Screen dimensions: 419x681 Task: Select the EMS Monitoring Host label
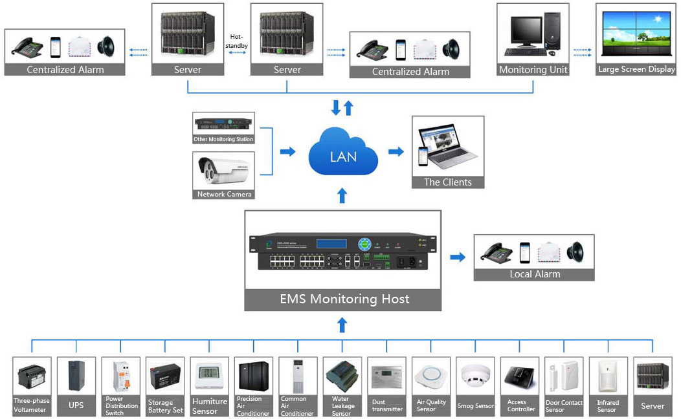(x=344, y=299)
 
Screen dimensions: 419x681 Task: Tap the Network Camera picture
(x=223, y=171)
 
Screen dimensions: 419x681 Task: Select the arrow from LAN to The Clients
(x=396, y=151)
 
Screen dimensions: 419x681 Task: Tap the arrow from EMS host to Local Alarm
(x=458, y=257)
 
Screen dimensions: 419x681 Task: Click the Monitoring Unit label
(x=533, y=69)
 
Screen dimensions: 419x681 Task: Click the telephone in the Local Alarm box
(x=497, y=252)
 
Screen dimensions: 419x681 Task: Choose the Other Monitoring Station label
(x=223, y=139)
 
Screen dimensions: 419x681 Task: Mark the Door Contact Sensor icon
(x=564, y=376)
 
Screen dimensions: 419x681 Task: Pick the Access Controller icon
(x=520, y=376)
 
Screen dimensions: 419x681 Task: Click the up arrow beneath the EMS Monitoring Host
(x=342, y=325)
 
